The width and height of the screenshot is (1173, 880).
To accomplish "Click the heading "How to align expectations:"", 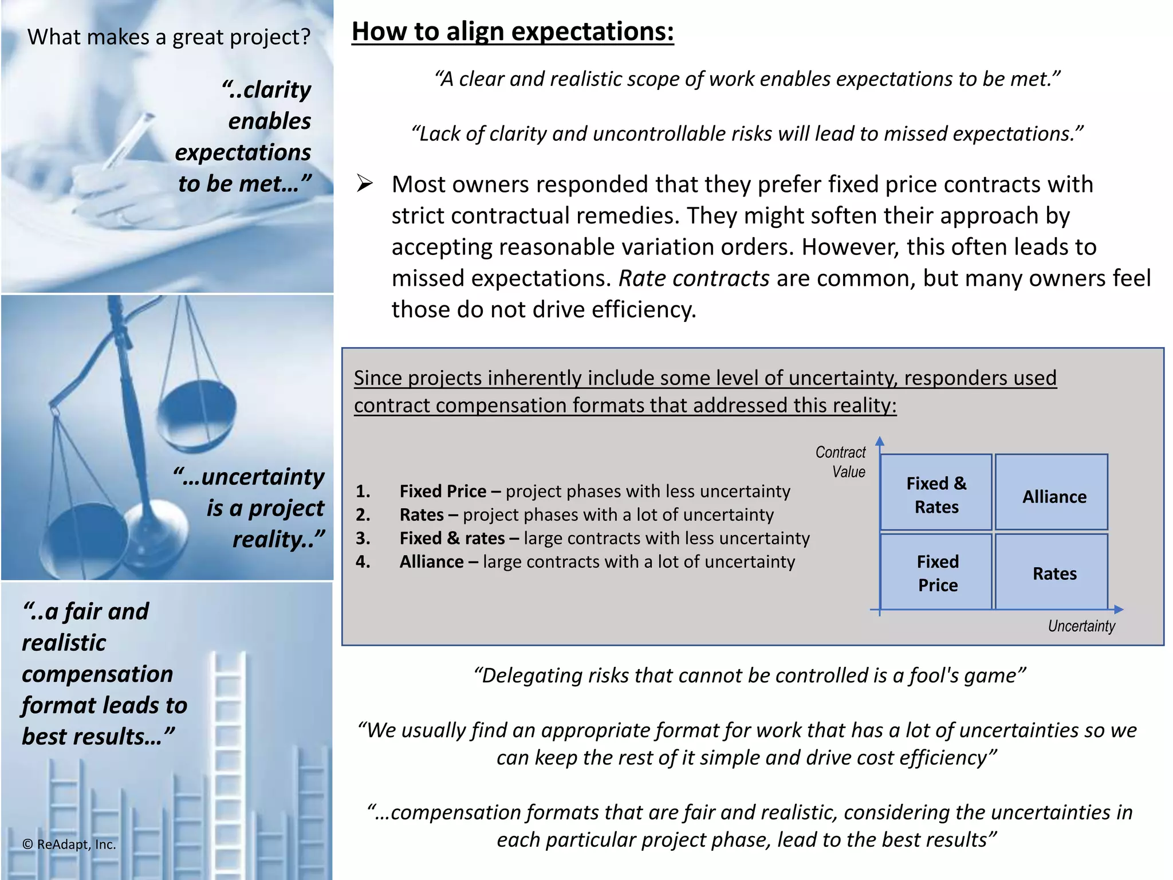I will [x=513, y=32].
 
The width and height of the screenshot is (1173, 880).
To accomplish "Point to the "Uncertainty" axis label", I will [x=1081, y=626].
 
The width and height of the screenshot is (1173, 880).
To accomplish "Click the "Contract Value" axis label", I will [x=841, y=462].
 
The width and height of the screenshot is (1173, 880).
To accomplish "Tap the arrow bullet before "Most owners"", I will [x=364, y=184].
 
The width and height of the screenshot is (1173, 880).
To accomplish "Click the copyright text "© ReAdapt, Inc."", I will [x=69, y=844].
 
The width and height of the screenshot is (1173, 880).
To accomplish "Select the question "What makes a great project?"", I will [x=169, y=37].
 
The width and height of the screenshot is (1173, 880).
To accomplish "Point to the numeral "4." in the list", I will [x=363, y=561].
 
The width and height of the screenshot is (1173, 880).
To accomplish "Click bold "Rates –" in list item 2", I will [x=429, y=514].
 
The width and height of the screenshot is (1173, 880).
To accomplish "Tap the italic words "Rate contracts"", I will [x=694, y=278].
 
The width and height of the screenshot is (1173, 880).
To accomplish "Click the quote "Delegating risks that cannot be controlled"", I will [x=749, y=675].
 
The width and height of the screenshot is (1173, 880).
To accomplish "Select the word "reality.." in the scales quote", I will [x=278, y=539].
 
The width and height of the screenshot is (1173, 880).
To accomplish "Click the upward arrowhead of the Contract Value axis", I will [x=880, y=441].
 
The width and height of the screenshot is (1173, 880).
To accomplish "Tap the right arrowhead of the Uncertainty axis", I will [x=1119, y=610].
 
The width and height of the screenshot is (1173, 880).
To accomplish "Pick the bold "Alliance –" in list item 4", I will [x=438, y=561].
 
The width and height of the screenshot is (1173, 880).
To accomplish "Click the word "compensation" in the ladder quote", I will [x=97, y=674].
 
